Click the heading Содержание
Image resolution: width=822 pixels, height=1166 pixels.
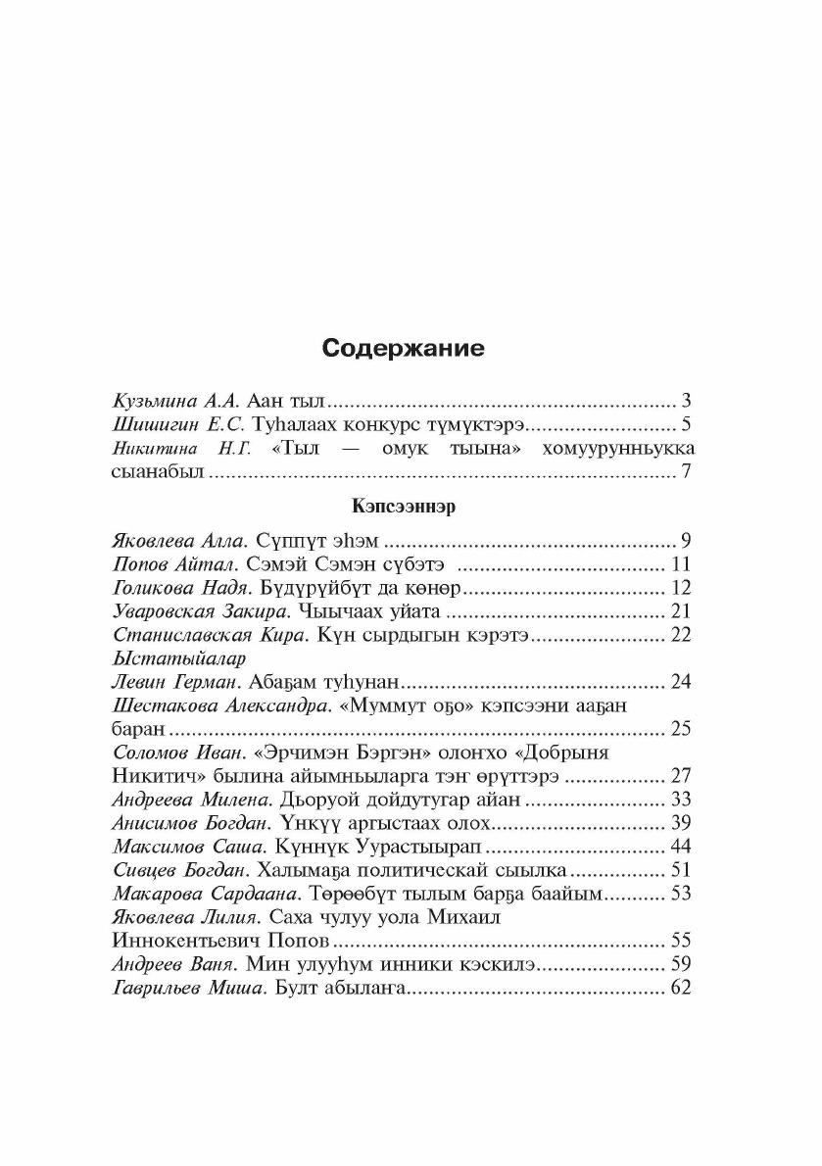pyautogui.click(x=404, y=349)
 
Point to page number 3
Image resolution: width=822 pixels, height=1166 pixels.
pyautogui.click(x=686, y=401)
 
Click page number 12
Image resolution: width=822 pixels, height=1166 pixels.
pyautogui.click(x=682, y=588)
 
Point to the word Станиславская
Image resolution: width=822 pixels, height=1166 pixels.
pyautogui.click(x=183, y=636)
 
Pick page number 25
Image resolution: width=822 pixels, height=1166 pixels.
pyautogui.click(x=680, y=729)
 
